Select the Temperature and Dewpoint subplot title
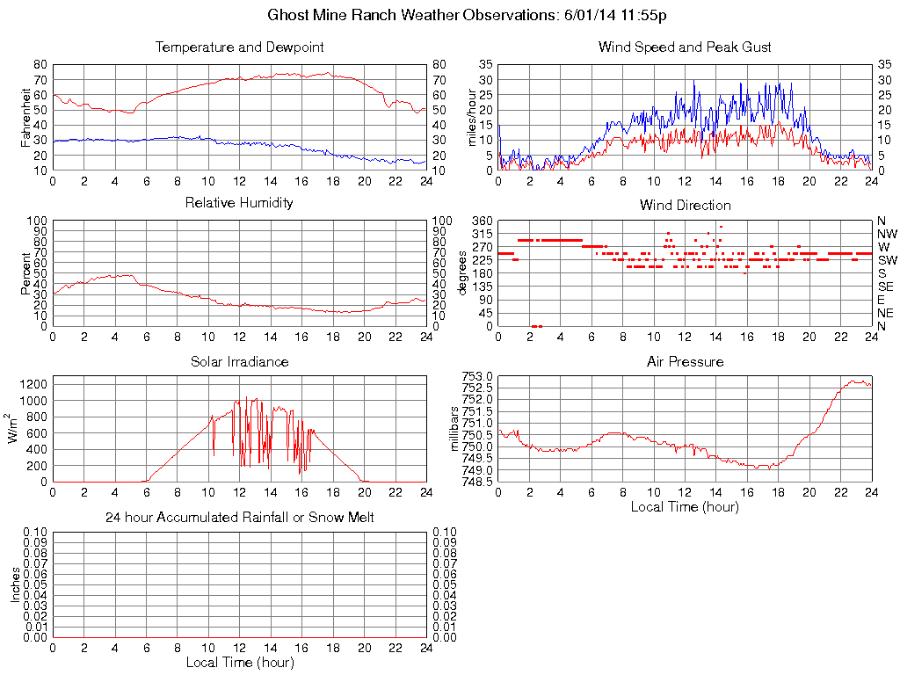click(239, 47)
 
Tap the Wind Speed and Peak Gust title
click(685, 47)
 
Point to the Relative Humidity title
click(239, 203)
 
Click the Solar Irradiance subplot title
click(239, 362)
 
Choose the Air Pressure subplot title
click(685, 362)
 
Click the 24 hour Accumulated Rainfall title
click(239, 518)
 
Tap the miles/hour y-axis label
click(471, 117)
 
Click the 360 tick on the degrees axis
click(483, 221)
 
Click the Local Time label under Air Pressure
click(685, 506)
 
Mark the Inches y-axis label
click(15, 584)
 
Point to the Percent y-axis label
click(25, 273)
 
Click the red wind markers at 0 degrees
click(537, 326)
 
